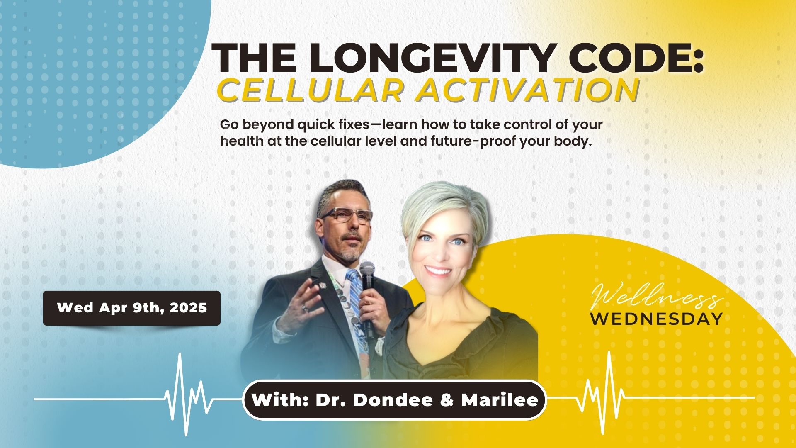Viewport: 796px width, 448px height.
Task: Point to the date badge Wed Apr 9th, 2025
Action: click(x=132, y=308)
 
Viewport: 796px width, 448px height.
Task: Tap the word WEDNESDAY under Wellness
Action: click(x=656, y=319)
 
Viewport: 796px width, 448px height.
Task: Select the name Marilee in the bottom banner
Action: click(x=500, y=400)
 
